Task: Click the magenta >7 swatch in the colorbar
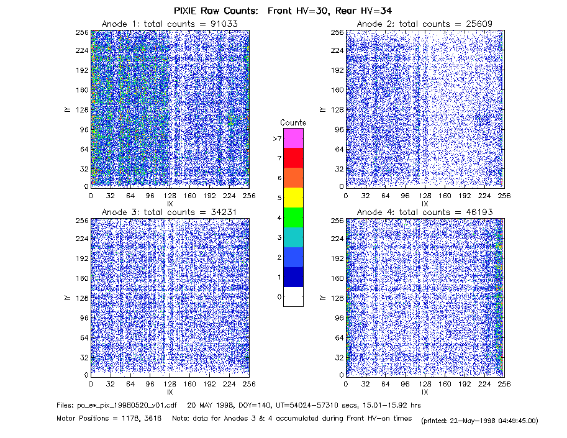[x=293, y=138]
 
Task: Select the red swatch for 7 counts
[x=293, y=158]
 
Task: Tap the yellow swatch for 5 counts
[x=293, y=198]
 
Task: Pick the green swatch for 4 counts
[x=293, y=217]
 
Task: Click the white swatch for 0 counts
[x=293, y=296]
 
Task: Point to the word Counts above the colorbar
[x=293, y=122]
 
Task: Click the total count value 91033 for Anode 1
[x=224, y=24]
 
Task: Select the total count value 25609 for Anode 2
[x=479, y=24]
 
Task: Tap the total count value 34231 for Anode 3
[x=224, y=212]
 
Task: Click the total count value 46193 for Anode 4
[x=479, y=212]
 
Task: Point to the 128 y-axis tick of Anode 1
[x=82, y=109]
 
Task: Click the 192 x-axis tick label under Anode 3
[x=209, y=384]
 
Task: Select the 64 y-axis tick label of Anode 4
[x=339, y=337]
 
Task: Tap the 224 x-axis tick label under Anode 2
[x=484, y=196]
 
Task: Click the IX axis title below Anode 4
[x=425, y=392]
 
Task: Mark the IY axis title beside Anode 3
[x=67, y=298]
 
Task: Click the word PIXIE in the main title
[x=185, y=11]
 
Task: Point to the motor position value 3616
[x=153, y=419]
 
